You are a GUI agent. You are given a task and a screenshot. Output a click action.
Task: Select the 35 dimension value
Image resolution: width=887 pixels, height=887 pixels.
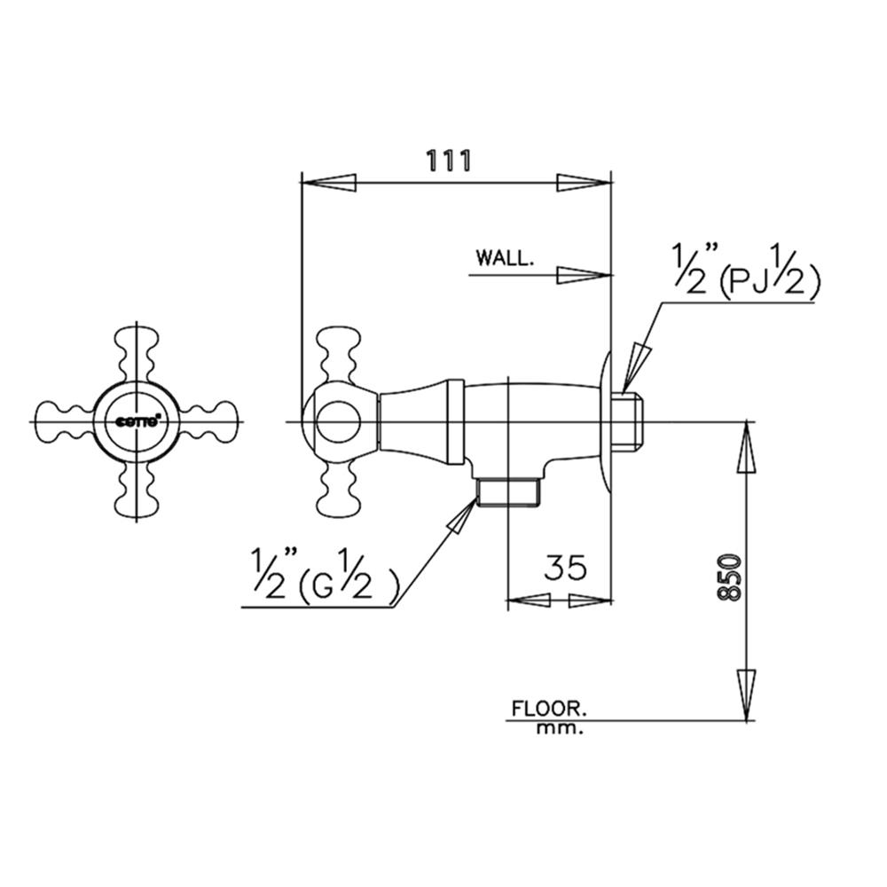coord(564,568)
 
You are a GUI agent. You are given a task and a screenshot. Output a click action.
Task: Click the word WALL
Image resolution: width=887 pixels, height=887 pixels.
coord(505,258)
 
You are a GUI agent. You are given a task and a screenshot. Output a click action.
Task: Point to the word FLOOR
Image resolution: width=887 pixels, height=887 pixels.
coord(550,709)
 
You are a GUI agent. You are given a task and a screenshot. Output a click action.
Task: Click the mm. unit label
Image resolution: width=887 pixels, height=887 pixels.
coord(560,729)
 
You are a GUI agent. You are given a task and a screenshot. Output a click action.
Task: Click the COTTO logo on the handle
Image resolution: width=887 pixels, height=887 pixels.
coord(137,420)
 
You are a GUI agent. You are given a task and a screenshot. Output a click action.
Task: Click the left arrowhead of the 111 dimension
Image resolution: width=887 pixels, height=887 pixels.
coord(329,183)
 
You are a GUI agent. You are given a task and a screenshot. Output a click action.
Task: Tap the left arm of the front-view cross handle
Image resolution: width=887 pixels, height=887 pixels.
coord(67,420)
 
